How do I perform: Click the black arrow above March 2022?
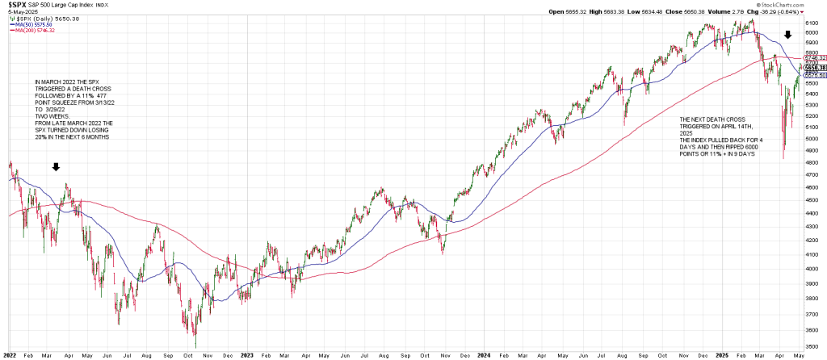55,168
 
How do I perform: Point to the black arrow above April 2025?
788,36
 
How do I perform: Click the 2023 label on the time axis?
247,354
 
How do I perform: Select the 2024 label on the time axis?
484,354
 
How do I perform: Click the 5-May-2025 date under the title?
18,12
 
